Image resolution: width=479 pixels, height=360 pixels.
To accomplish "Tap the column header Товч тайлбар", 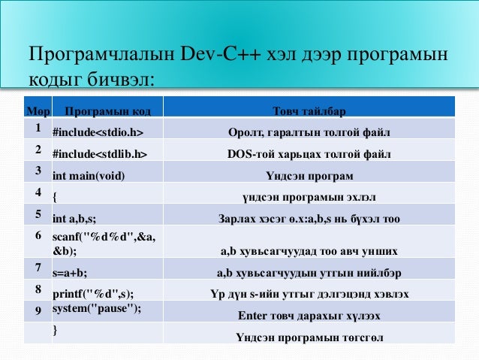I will click(309, 112).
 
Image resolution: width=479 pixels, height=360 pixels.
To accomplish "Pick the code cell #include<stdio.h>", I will click(97, 134).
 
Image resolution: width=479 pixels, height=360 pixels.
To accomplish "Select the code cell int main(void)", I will click(89, 177).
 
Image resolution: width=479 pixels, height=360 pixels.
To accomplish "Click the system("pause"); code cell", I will click(97, 309).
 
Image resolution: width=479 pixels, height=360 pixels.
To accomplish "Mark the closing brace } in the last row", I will click(55, 330).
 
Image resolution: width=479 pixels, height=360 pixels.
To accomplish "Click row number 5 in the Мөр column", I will click(37, 215).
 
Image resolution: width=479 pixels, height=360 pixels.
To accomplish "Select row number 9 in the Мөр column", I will click(37, 309).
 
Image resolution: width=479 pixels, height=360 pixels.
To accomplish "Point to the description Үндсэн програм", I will click(309, 177).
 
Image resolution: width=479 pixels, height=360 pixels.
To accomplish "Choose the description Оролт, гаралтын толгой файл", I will click(309, 134).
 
